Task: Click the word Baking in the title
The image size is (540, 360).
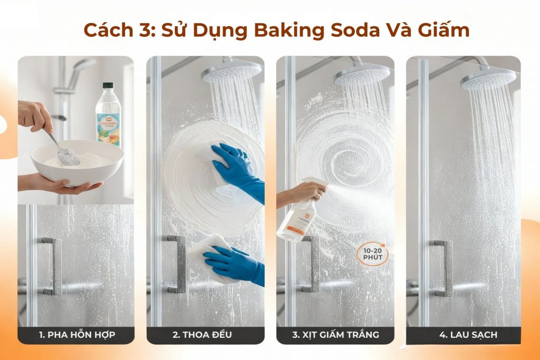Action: tap(291, 30)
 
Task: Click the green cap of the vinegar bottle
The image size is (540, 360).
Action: tap(108, 86)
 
